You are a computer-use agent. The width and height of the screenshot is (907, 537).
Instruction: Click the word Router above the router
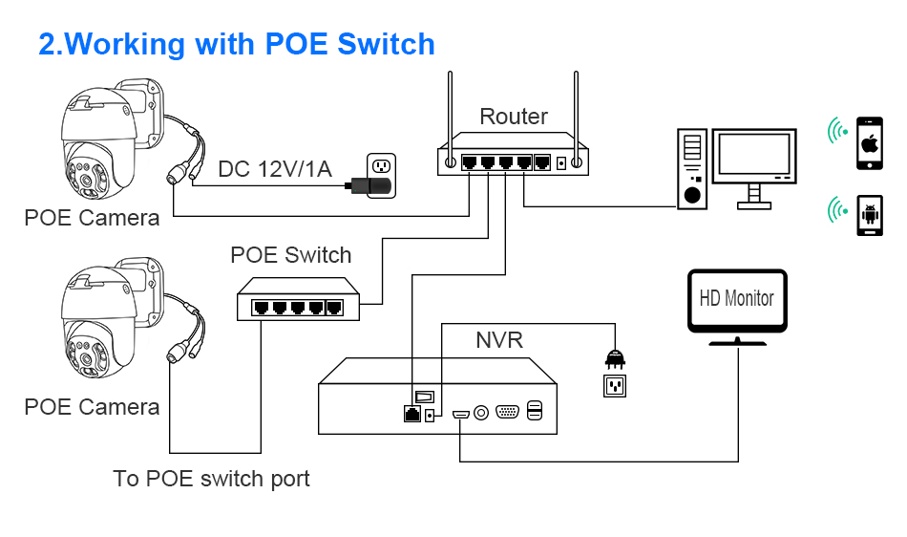[x=513, y=117]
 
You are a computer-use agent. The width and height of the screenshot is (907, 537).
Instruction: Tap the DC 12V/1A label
[x=275, y=169]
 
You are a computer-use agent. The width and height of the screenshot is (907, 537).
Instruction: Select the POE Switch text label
[x=290, y=254]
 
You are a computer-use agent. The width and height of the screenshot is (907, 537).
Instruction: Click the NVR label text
[x=499, y=339]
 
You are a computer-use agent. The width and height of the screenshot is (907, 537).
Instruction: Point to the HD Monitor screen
[x=737, y=300]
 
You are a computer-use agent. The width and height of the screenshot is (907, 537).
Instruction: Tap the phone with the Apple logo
[x=870, y=143]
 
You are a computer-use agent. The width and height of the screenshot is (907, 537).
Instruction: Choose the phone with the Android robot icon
[x=870, y=215]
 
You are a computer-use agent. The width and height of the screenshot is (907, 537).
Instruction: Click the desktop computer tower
[x=692, y=168]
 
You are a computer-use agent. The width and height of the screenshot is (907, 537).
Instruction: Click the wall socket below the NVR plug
[x=614, y=385]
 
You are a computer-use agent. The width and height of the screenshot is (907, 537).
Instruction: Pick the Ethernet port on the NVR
[x=411, y=413]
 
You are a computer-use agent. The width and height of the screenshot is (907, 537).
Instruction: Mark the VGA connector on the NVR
[x=507, y=412]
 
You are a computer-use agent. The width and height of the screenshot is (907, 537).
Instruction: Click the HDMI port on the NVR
[x=460, y=415]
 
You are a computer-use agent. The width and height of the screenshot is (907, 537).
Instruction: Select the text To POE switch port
[x=211, y=479]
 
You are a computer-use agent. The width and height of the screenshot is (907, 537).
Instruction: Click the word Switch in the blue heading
[x=386, y=44]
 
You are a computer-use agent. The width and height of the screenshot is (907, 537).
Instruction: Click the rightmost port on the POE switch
[x=334, y=308]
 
